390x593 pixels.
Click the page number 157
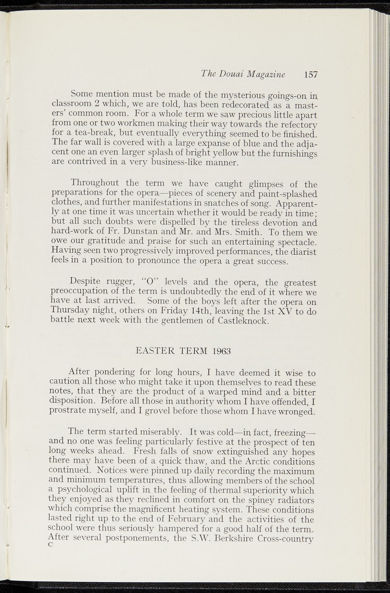[x=311, y=75]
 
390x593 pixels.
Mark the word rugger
[x=120, y=281]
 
